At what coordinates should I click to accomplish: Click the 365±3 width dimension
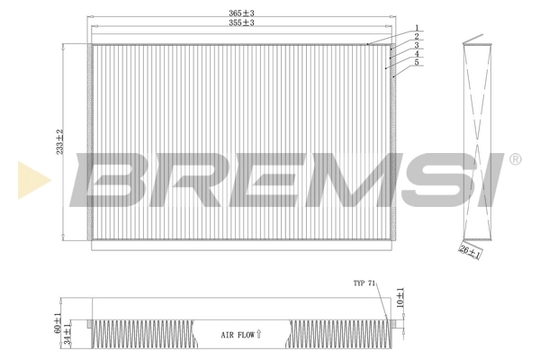tap(241, 13)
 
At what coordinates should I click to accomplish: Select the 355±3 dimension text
tap(241, 23)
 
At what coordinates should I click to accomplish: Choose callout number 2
tap(417, 37)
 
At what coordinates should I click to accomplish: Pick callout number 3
tap(417, 45)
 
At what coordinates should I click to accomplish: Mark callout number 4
tap(417, 54)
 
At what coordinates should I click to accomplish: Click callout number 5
tap(417, 63)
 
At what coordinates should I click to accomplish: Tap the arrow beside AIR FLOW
tap(258, 333)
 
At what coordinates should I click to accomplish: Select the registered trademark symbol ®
tap(514, 159)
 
